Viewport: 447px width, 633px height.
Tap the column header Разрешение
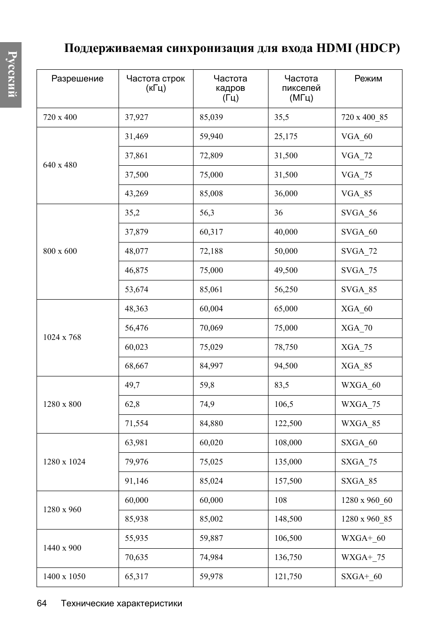pyautogui.click(x=77, y=79)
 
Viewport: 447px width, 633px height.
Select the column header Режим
pyautogui.click(x=368, y=79)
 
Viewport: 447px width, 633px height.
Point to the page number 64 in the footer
pyautogui.click(x=42, y=604)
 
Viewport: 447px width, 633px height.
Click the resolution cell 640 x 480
pyautogui.click(x=60, y=165)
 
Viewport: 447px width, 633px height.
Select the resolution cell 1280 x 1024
pyautogui.click(x=64, y=462)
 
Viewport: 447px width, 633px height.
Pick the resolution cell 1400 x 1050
pyautogui.click(x=64, y=576)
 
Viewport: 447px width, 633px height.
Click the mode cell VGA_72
pyautogui.click(x=357, y=155)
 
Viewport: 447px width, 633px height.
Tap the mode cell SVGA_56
pyautogui.click(x=359, y=213)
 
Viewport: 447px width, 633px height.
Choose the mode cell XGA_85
pyautogui.click(x=357, y=366)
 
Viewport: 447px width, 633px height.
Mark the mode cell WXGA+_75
pyautogui.click(x=363, y=557)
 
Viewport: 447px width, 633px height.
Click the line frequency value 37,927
pyautogui.click(x=136, y=117)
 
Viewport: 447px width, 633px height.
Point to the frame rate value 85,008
pyautogui.click(x=211, y=193)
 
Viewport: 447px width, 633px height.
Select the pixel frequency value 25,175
pyautogui.click(x=286, y=136)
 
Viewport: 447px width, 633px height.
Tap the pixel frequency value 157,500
pyautogui.click(x=288, y=481)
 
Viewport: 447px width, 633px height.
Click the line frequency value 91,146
pyautogui.click(x=136, y=481)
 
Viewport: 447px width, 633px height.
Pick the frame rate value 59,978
pyautogui.click(x=211, y=576)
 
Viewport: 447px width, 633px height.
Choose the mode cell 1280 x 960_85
pyautogui.click(x=366, y=519)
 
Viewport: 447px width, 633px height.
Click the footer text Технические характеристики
pyautogui.click(x=121, y=604)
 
